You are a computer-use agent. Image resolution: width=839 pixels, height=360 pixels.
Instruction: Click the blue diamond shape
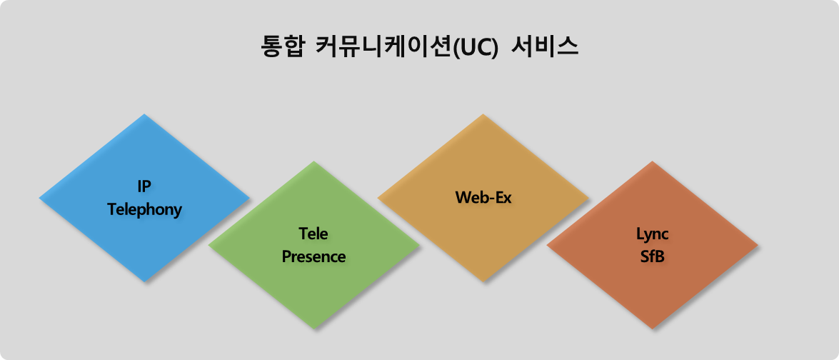[x=144, y=198]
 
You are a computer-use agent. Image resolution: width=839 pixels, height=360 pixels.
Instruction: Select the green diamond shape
[x=314, y=245]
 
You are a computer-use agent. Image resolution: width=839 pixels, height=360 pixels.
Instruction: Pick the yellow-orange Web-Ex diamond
[x=483, y=198]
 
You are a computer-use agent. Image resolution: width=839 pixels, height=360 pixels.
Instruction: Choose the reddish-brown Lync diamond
[x=652, y=245]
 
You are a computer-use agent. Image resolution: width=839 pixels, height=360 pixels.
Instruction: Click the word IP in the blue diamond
[x=144, y=186]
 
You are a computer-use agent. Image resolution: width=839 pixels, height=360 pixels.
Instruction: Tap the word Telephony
[x=144, y=210]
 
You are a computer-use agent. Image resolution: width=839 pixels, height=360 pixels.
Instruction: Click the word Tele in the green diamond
[x=313, y=234]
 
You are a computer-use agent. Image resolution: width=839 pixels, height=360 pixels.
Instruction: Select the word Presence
[x=313, y=256]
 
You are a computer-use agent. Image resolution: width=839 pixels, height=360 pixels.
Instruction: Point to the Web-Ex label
[x=483, y=198]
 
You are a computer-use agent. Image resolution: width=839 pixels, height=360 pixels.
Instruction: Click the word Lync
[x=653, y=234]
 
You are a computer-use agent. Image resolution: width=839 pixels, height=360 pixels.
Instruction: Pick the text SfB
[x=653, y=256]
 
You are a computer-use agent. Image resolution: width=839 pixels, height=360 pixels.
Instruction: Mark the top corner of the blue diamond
[x=144, y=114]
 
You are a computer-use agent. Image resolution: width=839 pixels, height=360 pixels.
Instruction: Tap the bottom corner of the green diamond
[x=314, y=329]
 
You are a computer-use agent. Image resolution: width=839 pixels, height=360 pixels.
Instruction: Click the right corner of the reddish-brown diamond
[x=758, y=245]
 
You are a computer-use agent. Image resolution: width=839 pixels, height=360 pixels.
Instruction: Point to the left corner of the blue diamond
[x=39, y=198]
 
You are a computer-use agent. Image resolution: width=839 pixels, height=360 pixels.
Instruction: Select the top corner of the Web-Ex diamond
[x=483, y=114]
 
